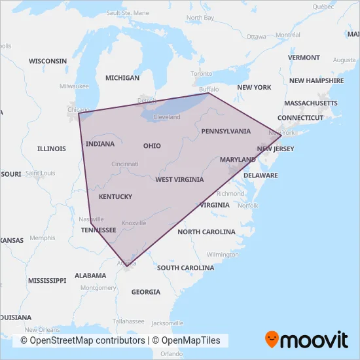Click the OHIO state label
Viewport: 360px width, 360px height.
click(152, 145)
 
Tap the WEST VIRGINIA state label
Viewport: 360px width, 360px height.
click(179, 179)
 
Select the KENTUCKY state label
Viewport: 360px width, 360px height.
click(115, 196)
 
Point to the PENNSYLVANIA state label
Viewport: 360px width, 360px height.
click(226, 131)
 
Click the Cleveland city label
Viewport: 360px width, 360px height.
click(167, 117)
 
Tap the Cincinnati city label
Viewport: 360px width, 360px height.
click(124, 164)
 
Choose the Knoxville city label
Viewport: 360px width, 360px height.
click(134, 223)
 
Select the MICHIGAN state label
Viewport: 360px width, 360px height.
click(122, 78)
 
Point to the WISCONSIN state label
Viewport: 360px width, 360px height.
click(47, 61)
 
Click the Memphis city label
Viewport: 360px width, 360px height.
click(43, 238)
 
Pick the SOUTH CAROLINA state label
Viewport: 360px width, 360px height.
click(185, 268)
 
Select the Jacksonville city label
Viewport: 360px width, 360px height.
click(167, 323)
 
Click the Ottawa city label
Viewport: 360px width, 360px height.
click(256, 36)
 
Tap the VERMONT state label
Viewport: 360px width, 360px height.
click(304, 58)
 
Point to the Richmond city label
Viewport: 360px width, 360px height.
click(230, 194)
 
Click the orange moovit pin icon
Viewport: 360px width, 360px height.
click(272, 340)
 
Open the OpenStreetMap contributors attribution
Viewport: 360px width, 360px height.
click(82, 340)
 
